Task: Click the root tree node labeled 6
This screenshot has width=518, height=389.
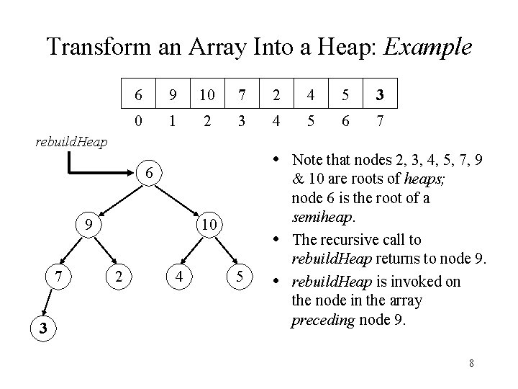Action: coord(147,173)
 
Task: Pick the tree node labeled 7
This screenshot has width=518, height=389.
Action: coord(55,276)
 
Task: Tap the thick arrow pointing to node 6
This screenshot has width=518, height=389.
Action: coord(101,174)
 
